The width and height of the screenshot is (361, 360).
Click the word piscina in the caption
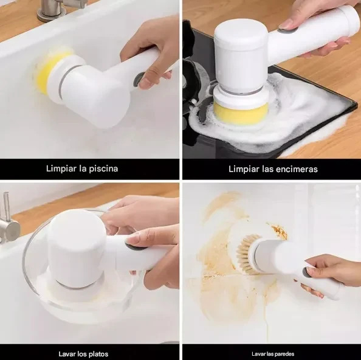coord(103,168)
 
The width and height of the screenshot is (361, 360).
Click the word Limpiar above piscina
coord(61,168)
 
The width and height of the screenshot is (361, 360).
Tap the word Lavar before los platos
coord(65,354)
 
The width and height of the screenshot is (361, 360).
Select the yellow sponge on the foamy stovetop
coord(241,113)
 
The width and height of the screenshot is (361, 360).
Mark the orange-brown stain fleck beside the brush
coord(279,232)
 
